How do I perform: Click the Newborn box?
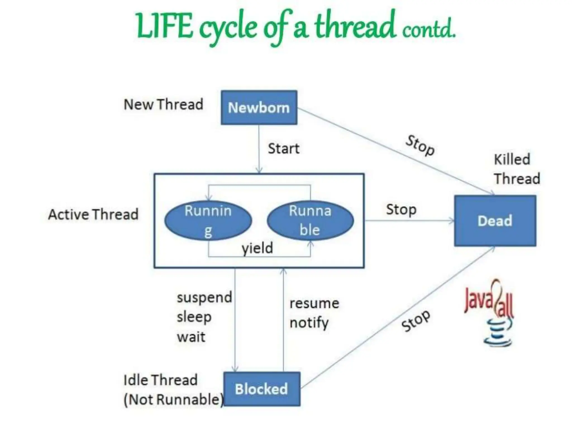[x=259, y=108]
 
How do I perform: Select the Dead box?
[x=495, y=221]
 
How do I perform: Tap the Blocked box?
[x=262, y=389]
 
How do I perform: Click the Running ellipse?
[x=208, y=221]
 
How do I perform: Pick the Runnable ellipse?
[x=310, y=221]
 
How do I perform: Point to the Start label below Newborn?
[x=283, y=148]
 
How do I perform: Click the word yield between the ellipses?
[x=257, y=248]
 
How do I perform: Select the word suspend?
[x=204, y=297]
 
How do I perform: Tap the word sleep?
[x=194, y=317]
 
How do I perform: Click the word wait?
[x=191, y=337]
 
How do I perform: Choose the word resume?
[x=314, y=303]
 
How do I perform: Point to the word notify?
[x=309, y=323]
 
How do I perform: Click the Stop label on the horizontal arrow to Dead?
[x=401, y=209]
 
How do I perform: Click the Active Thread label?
[x=93, y=214]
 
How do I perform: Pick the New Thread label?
[x=163, y=104]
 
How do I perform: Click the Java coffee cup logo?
[x=497, y=332]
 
